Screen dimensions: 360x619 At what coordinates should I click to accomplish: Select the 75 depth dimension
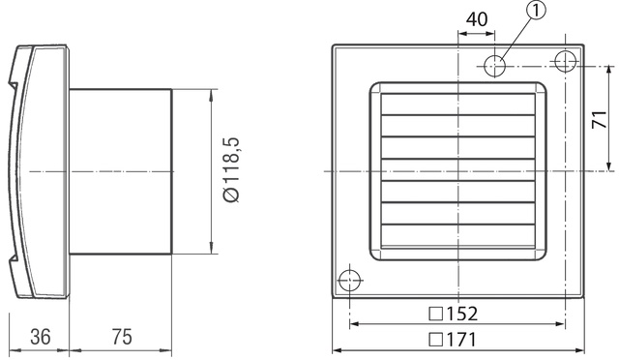click(x=120, y=337)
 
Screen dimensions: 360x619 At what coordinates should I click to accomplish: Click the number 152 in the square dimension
click(x=462, y=315)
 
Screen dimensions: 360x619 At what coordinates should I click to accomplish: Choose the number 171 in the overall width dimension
click(x=462, y=339)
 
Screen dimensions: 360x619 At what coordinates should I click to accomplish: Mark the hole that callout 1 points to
click(x=496, y=65)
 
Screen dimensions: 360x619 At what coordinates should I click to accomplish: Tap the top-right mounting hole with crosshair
click(x=564, y=61)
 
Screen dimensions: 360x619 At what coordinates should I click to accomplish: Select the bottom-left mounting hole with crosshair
click(x=348, y=281)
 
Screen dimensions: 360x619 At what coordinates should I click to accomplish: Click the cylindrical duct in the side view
click(x=120, y=171)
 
